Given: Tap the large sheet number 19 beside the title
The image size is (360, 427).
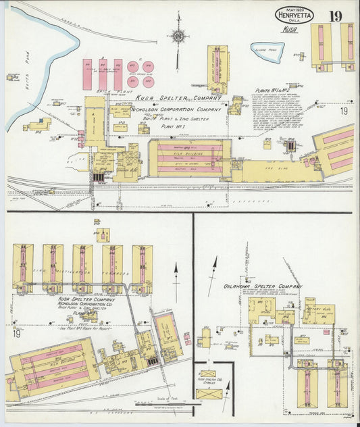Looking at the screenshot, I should point(336,16).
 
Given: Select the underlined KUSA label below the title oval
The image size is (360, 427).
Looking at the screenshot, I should point(290,30).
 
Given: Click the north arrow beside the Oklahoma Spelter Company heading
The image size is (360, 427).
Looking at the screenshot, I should point(215,266).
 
